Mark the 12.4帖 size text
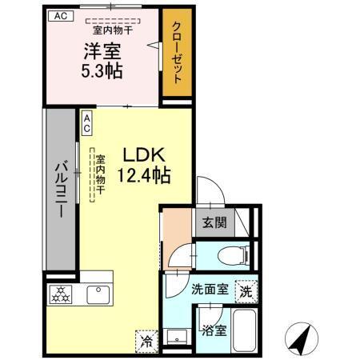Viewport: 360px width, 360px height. coord(145,174)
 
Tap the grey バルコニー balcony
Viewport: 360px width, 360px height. coord(60,194)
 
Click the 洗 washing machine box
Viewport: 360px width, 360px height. coord(246,292)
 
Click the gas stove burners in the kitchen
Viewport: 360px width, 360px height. coord(62,294)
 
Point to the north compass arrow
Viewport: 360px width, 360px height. coord(301,340)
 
